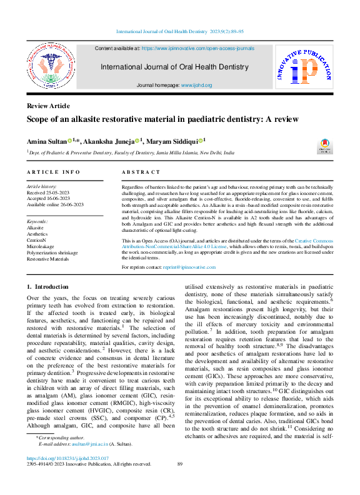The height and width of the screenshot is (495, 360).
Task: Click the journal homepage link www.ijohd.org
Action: [196, 86]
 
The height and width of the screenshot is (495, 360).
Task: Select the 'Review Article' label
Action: [48, 106]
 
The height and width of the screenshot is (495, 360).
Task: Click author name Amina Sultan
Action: [46, 141]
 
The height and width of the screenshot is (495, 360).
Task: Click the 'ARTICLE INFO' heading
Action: [53, 172]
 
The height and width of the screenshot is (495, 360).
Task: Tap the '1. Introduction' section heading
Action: [47, 286]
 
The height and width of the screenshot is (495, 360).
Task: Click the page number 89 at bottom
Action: [180, 482]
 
